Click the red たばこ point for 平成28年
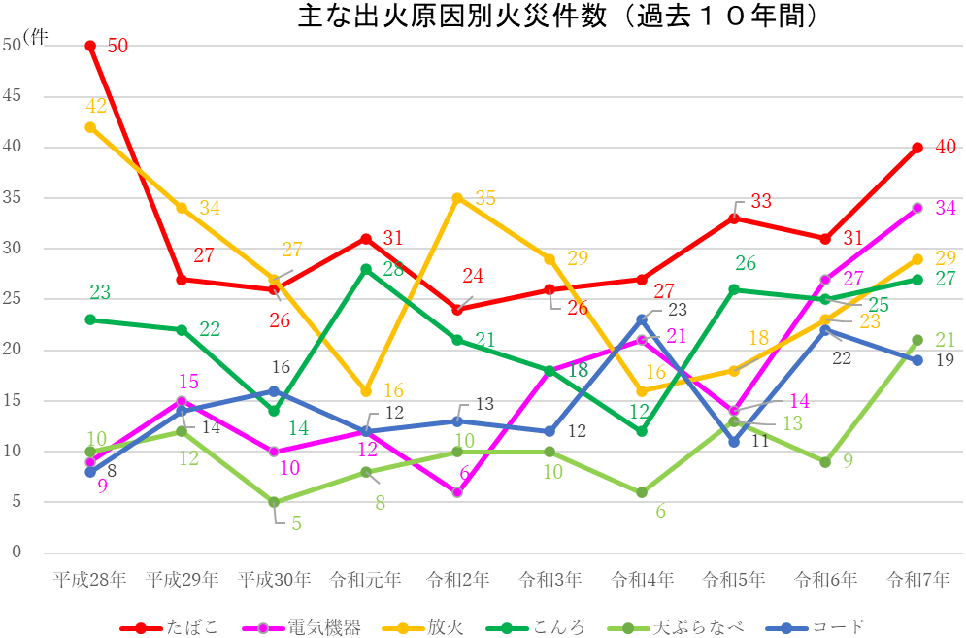90,46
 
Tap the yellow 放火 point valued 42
90,127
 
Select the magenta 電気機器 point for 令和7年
917,208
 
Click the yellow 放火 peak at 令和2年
457,198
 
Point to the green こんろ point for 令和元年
366,269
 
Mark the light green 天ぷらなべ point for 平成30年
274,502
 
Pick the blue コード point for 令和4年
642,319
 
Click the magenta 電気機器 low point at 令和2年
457,492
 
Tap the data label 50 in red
117,46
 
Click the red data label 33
760,201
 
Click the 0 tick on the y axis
17,553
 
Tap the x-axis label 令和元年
366,581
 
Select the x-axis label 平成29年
182,581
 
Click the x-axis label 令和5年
733,581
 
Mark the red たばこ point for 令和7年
917,148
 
